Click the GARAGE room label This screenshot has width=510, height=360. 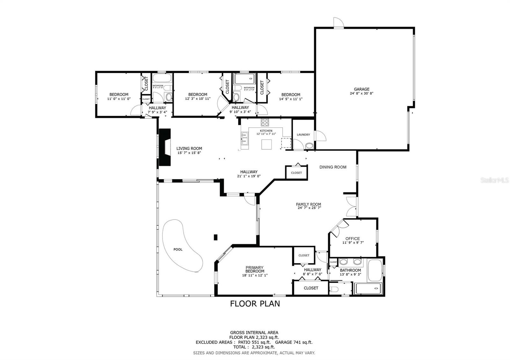coord(361,89)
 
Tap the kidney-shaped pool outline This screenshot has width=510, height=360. coord(182,245)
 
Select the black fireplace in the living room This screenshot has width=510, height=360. coord(165,147)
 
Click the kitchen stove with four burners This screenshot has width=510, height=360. coord(265,122)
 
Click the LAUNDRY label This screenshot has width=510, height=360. coord(303,135)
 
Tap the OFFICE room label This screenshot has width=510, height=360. coord(353,238)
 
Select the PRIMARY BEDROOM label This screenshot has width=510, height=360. coord(254,269)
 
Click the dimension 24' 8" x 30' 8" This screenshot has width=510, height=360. coord(361,94)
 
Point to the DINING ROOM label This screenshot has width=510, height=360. coord(333,167)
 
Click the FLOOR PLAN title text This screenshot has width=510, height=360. coord(255,304)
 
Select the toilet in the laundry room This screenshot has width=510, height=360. coord(309,146)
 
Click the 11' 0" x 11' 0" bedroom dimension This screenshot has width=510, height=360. coord(119,99)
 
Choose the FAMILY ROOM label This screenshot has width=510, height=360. coord(308,204)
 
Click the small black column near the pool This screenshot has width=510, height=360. coord(215,237)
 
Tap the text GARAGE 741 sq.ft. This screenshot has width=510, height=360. coord(294,342)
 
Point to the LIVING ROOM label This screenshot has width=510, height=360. coord(189,148)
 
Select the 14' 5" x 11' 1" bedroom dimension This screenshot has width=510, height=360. coord(290,99)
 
